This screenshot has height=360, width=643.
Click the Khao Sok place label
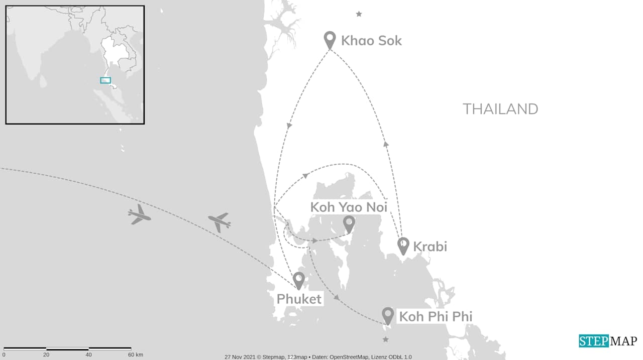(371, 41)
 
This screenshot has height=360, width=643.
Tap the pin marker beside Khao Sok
(330, 39)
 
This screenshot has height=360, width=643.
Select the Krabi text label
(430, 247)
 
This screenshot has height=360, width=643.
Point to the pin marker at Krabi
(403, 246)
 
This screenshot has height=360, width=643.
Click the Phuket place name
(299, 299)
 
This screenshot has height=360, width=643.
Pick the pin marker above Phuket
(299, 280)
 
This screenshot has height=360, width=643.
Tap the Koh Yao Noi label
(349, 207)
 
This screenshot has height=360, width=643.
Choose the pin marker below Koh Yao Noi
(349, 223)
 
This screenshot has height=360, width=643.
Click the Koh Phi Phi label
(435, 317)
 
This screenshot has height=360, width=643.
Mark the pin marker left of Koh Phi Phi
(387, 315)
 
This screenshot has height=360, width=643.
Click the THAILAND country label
(500, 109)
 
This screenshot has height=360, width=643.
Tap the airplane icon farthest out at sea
(139, 215)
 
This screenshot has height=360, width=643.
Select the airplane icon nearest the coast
(219, 221)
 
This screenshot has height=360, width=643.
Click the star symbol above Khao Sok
(359, 14)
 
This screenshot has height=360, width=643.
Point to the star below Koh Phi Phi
(385, 340)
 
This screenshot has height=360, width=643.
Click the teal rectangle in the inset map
(105, 80)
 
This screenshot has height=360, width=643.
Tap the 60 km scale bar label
(135, 355)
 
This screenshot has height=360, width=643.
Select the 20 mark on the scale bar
(46, 355)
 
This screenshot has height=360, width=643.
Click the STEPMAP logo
(607, 341)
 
